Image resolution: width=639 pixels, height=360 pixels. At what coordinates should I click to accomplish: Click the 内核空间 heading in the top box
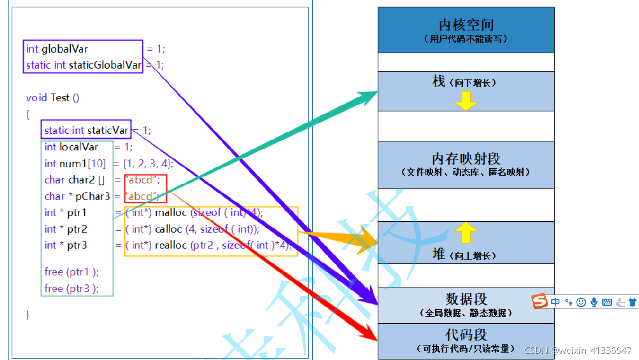click(x=466, y=25)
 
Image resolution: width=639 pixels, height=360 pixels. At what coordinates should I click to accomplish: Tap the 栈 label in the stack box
click(x=439, y=81)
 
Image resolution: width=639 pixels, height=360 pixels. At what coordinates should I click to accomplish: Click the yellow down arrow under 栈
click(x=466, y=101)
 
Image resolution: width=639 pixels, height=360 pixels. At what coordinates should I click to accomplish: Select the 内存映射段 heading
click(x=466, y=158)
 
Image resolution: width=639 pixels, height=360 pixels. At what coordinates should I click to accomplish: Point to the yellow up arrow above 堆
click(x=466, y=232)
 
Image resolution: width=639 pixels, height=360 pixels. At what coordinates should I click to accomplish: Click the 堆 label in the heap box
click(x=439, y=255)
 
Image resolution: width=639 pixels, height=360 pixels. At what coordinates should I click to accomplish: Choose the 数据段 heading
click(x=466, y=299)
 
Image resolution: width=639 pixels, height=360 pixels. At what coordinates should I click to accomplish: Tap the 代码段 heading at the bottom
click(x=466, y=335)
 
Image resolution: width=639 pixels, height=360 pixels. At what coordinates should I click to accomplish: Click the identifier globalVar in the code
click(x=65, y=49)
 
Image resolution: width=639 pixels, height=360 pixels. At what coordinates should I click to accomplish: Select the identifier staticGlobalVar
click(x=105, y=65)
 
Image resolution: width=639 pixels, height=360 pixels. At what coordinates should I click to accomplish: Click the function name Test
click(x=60, y=97)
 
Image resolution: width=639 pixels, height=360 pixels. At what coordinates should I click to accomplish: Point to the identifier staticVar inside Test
click(x=107, y=130)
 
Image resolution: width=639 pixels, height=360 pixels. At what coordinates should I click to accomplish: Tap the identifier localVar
click(x=78, y=147)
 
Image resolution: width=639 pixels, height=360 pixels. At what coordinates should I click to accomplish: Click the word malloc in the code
click(x=171, y=212)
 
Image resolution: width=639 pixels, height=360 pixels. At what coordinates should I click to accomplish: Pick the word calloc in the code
click(x=169, y=229)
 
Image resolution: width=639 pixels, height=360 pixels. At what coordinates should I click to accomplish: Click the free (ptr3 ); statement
click(x=71, y=288)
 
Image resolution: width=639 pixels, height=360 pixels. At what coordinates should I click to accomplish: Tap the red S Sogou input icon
click(x=539, y=302)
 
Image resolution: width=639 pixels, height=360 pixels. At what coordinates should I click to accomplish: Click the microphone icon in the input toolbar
click(x=594, y=302)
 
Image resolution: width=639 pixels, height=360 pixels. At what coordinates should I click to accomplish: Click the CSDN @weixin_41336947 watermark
click(x=578, y=351)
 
